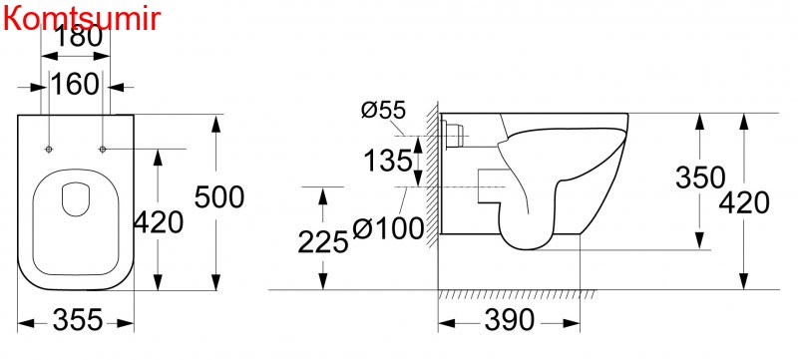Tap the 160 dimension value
point(75,84)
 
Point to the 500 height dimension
point(219,197)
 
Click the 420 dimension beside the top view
point(158,222)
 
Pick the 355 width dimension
point(78,320)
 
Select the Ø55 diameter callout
point(384,110)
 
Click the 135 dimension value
point(388,162)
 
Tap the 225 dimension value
point(322,241)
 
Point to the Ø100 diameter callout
point(388,227)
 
